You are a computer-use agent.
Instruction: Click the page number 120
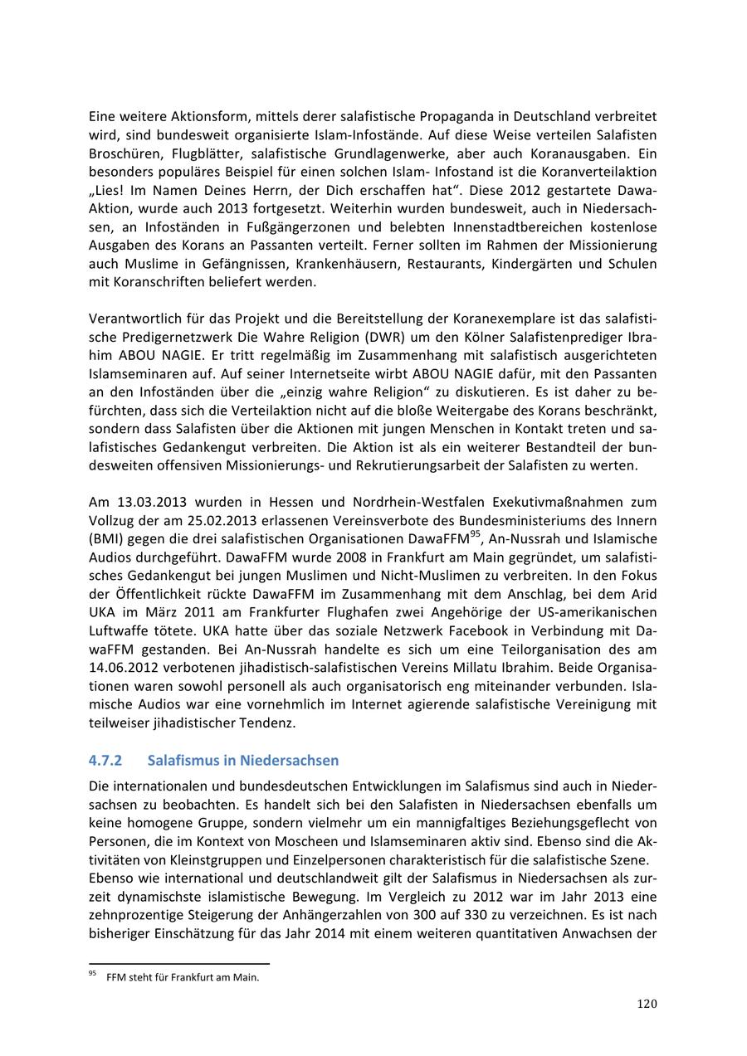[647, 1004]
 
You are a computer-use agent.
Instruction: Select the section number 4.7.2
[105, 761]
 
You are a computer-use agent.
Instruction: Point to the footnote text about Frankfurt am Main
[183, 977]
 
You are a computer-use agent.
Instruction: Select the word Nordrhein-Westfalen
[421, 502]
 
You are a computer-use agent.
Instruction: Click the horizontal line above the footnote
[178, 964]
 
